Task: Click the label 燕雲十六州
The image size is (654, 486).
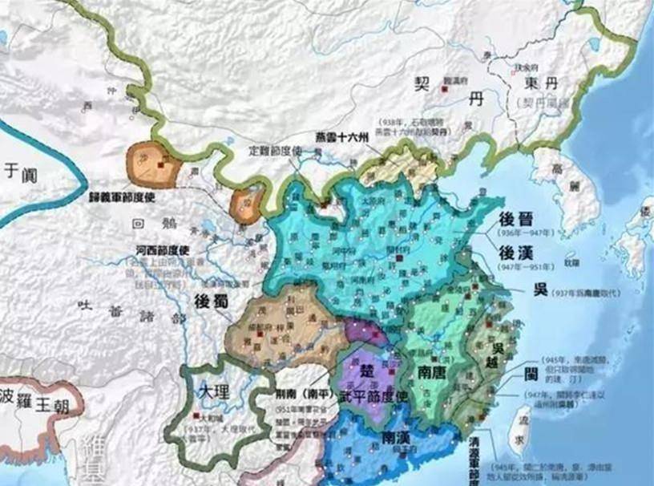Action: click(341, 137)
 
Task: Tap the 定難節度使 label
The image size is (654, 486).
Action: click(274, 150)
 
